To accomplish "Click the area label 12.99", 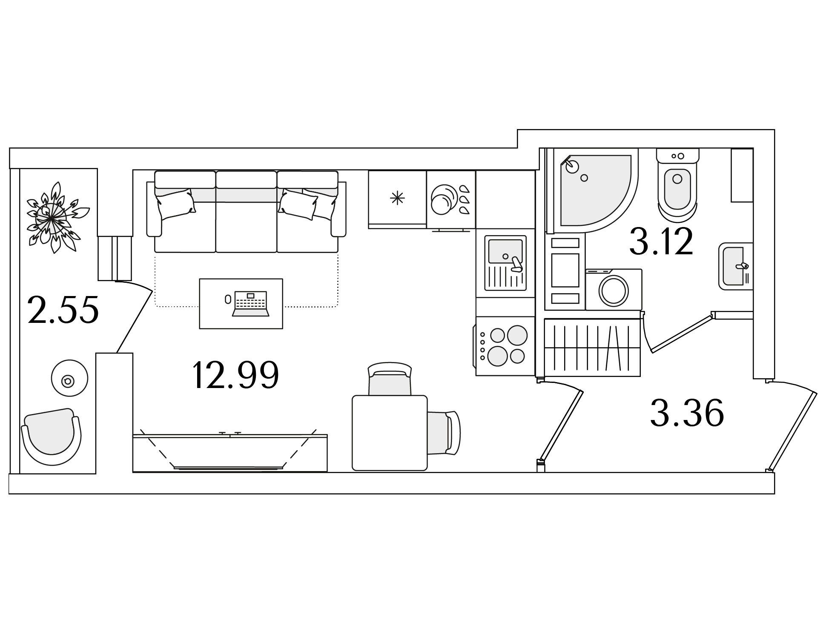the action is pos(235,375).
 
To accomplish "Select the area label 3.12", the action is pos(661,241).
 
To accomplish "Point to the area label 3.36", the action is pos(687,412).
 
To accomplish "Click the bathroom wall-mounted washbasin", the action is pos(736,266).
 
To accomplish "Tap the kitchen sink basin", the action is pos(505,251).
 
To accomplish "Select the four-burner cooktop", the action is pos(505,346).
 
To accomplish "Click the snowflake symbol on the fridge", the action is pos(397,198).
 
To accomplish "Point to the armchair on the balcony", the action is pos(52,437).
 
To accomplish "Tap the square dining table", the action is pos(390,433).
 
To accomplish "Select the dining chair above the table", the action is pos(390,379).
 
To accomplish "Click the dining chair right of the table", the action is pos(444,433).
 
